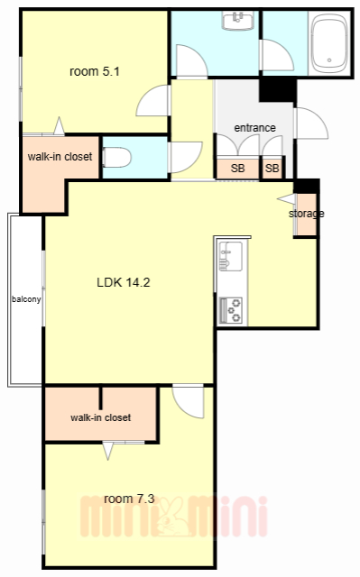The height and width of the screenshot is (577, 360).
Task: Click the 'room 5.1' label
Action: coord(95,71)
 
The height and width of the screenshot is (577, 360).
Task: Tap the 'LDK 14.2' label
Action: coord(124,282)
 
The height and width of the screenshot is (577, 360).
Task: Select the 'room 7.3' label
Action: coord(129,499)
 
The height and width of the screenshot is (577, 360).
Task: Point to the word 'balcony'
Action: coord(26,299)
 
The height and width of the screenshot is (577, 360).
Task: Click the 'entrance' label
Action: coord(254,128)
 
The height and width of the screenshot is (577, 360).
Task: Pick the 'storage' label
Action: coord(306,214)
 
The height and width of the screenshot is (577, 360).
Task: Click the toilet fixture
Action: coord(116,158)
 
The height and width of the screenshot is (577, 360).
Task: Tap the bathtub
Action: coord(329,44)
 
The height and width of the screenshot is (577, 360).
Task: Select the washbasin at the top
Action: coord(238,21)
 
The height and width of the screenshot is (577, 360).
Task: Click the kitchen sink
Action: coord(230,256)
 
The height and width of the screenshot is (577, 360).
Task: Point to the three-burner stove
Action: coord(231,310)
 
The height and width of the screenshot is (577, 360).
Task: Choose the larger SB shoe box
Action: coord(238,169)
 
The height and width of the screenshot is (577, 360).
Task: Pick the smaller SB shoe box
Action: coord(272,169)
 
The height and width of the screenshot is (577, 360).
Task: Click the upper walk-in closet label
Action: coord(60,157)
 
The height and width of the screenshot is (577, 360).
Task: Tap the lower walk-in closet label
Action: coord(100,417)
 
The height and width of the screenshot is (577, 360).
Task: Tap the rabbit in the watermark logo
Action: coord(171,517)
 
